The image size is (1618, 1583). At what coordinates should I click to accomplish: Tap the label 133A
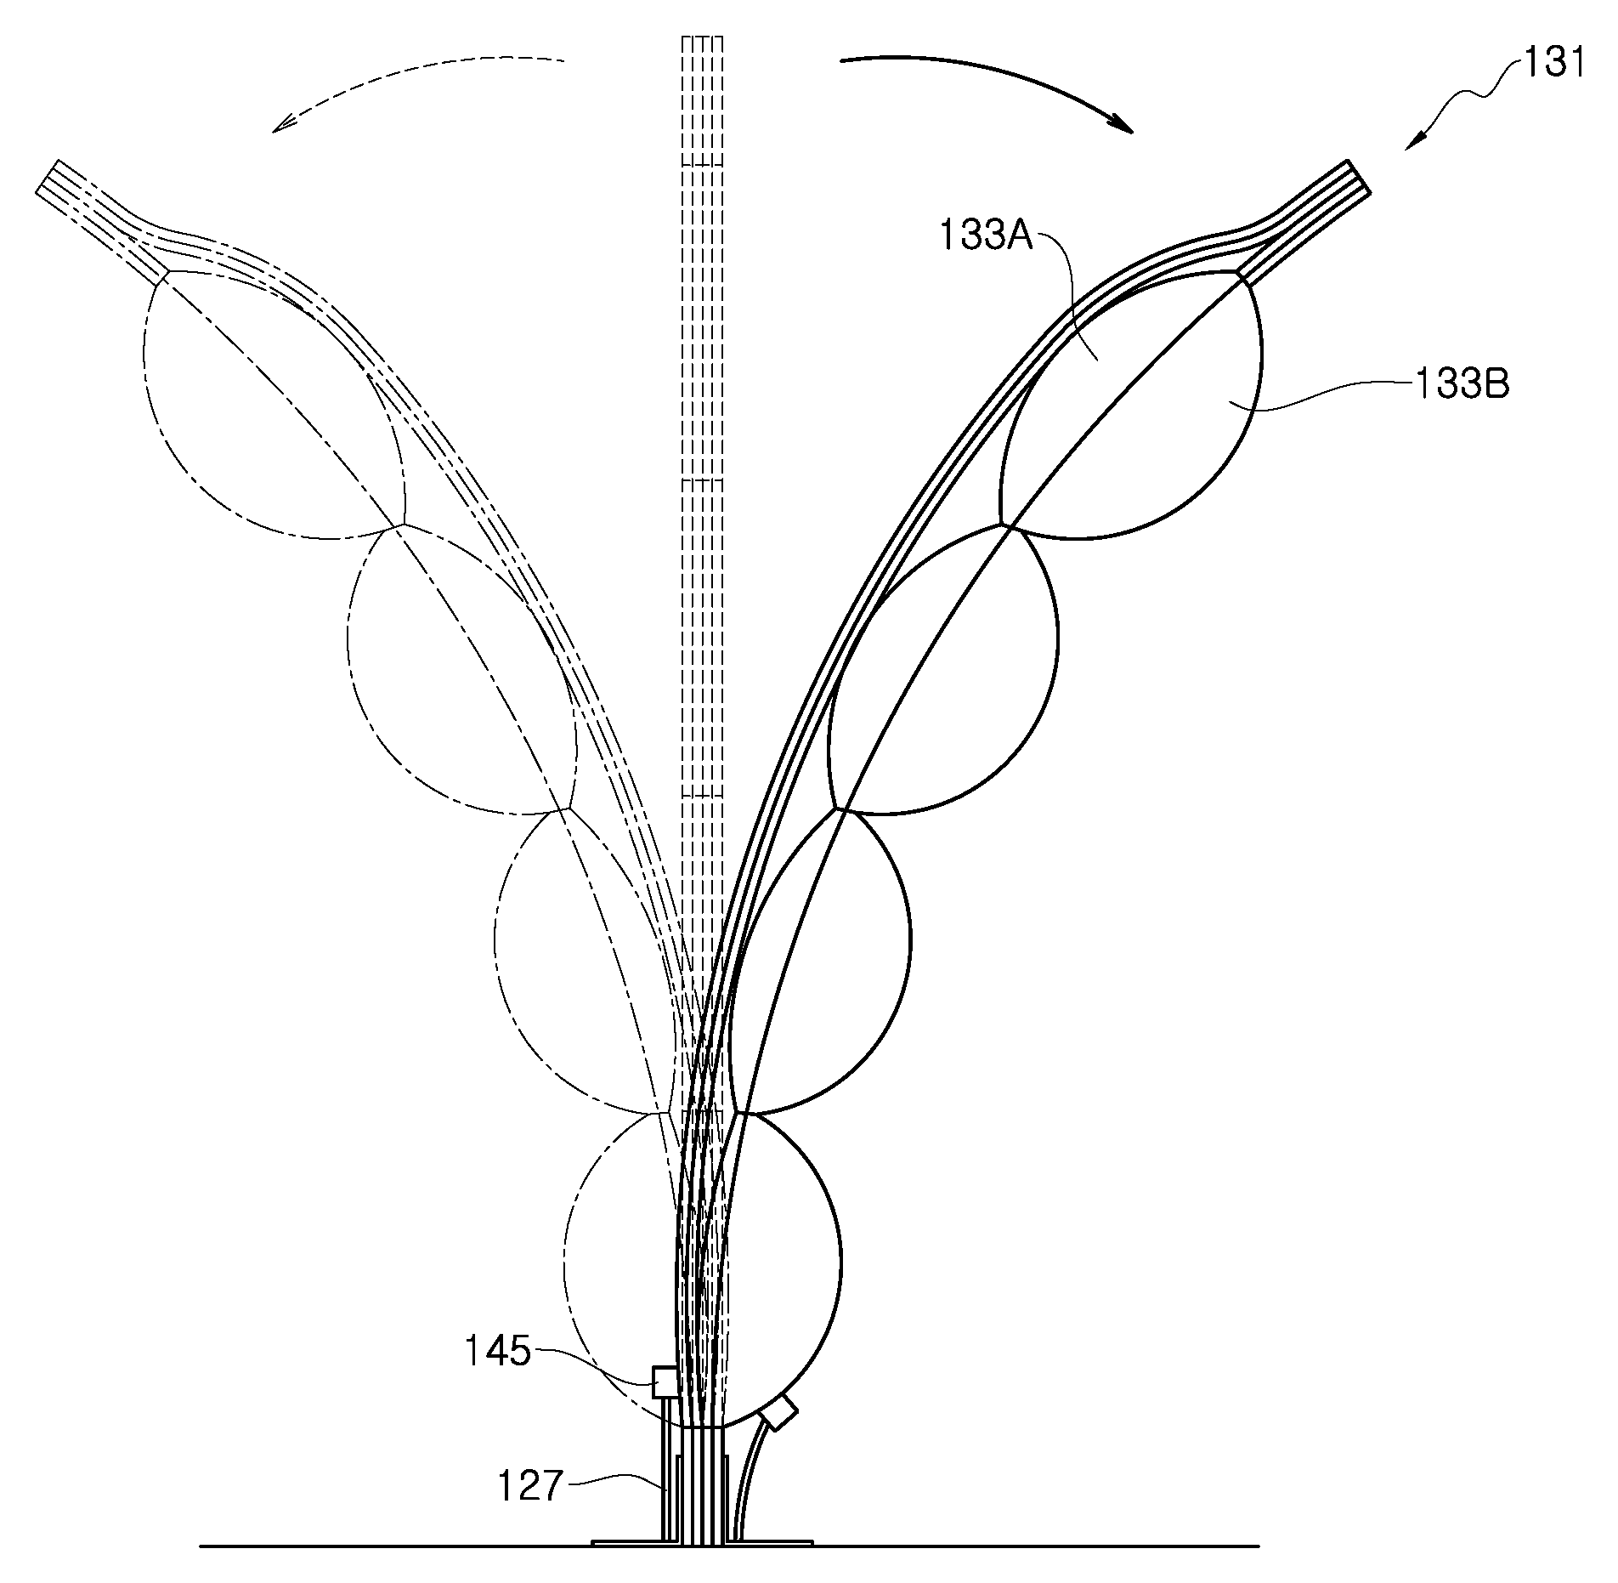(x=985, y=235)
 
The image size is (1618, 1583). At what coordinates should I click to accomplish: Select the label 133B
(x=1461, y=384)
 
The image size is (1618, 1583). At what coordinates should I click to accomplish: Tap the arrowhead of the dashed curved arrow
(x=285, y=122)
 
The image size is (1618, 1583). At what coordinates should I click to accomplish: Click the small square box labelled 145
(x=664, y=1382)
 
